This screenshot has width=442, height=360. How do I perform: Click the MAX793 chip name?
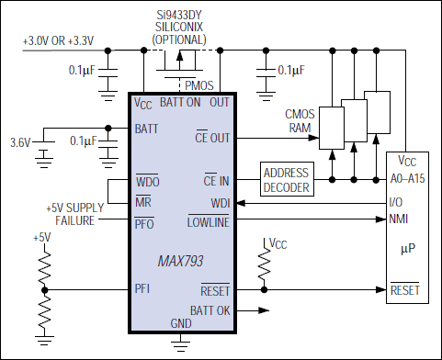180,261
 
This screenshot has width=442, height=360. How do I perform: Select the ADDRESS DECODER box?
287,179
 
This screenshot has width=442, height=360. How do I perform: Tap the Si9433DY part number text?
179,15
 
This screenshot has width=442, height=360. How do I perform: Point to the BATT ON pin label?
180,102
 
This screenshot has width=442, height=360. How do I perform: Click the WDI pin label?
221,203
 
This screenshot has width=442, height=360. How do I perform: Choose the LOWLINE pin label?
209,221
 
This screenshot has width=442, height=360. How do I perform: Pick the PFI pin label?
142,288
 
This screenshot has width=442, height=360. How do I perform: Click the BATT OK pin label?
210,310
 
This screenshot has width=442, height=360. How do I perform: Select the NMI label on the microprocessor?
399,219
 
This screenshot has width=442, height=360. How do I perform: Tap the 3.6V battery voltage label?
20,142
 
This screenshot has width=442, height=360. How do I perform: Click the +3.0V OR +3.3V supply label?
58,40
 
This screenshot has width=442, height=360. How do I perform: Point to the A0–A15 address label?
407,178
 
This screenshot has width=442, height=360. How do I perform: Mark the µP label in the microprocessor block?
408,249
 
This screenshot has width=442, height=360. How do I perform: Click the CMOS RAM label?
300,121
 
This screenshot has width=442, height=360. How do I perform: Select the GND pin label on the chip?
181,323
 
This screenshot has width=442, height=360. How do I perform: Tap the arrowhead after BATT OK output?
264,310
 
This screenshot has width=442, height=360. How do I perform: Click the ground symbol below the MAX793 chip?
181,344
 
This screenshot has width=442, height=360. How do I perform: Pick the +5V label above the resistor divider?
42,238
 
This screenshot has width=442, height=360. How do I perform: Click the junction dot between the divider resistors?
45,289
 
